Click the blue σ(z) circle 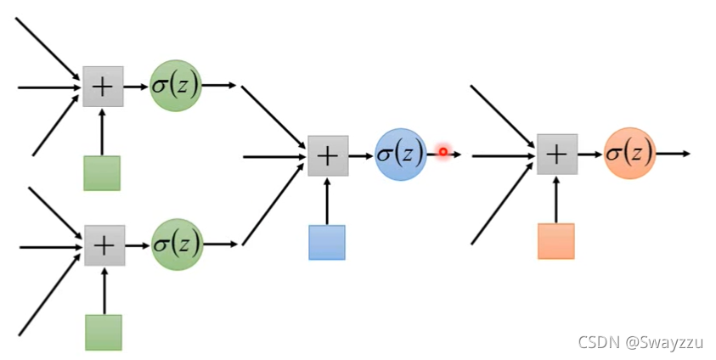[400, 154]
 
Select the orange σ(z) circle [629, 154]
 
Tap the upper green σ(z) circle [176, 86]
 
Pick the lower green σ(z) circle [177, 245]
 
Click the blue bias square [327, 242]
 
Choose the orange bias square [556, 241]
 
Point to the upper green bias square [102, 173]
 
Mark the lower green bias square [104, 332]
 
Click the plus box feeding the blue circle [328, 155]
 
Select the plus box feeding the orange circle [557, 155]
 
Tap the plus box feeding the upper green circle [103, 87]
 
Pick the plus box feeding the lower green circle [104, 245]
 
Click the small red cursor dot [443, 151]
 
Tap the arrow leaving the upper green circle [219, 86]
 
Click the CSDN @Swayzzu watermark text [641, 342]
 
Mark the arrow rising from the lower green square [104, 290]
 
